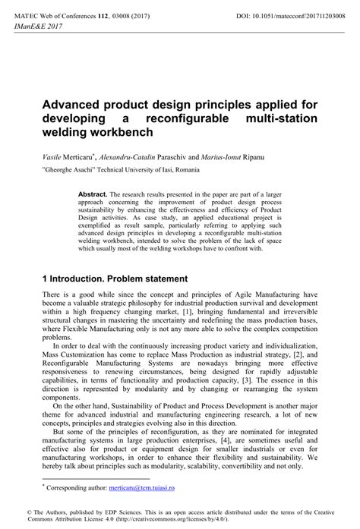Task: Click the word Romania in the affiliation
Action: [188, 169]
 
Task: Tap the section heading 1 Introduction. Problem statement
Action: [115, 279]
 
